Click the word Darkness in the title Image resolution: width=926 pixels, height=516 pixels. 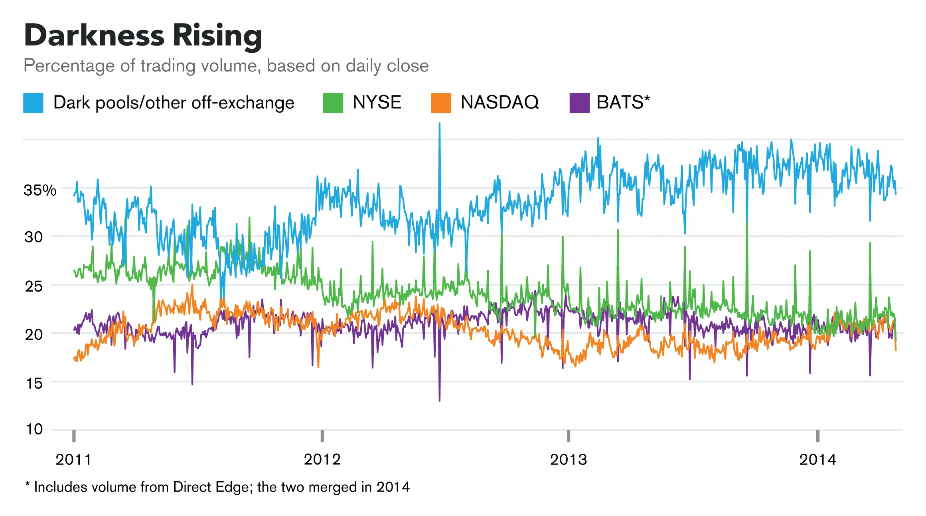coord(94,36)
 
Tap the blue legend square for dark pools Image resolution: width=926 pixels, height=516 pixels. coord(33,103)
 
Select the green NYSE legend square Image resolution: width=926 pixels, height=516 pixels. coord(333,103)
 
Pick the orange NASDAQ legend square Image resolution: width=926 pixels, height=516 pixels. coord(441,103)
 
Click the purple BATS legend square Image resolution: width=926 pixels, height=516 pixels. coord(579,103)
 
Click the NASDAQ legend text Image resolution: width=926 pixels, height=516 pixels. coord(500,102)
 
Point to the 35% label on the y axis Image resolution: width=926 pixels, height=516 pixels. coord(40,190)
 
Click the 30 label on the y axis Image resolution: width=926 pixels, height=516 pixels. coord(34,237)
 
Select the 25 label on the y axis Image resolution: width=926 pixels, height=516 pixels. coord(34,286)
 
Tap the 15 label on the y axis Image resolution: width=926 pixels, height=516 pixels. coord(34,384)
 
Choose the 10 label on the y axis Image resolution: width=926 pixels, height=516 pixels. coord(34,429)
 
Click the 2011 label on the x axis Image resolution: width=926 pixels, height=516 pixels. coord(73,460)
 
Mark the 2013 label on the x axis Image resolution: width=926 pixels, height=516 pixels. coord(569,460)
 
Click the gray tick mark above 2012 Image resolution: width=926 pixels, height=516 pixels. coord(322,436)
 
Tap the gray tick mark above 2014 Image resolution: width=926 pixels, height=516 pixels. coord(817,436)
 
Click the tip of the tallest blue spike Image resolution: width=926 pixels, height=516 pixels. coord(439,124)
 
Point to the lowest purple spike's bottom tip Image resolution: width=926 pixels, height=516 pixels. coord(439,400)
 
